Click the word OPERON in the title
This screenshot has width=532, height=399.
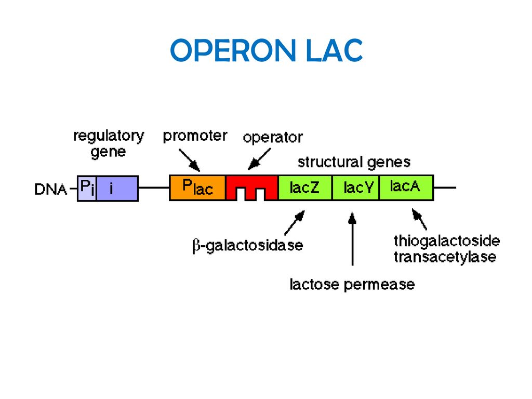point(233,50)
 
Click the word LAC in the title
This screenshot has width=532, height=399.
point(335,50)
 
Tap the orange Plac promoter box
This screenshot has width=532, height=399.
point(197,188)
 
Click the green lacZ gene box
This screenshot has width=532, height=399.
point(304,188)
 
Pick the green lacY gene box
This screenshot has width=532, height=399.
point(355,188)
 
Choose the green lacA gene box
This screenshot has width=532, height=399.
point(406,188)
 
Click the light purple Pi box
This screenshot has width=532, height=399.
point(87,188)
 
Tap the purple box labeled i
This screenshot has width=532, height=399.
point(117,188)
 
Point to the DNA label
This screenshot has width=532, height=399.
point(50,189)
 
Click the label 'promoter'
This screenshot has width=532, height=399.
point(195,136)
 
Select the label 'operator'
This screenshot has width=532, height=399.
point(273,138)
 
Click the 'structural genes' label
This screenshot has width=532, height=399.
point(354,162)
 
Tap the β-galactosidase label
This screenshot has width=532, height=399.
point(247,245)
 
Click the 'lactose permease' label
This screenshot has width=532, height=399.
point(352,284)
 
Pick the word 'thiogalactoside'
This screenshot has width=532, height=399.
point(446,241)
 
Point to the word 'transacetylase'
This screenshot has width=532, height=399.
point(445,257)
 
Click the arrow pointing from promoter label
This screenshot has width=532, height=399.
point(189,160)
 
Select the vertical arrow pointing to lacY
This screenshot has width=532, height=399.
point(353,238)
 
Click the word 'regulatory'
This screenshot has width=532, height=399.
point(109,137)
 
